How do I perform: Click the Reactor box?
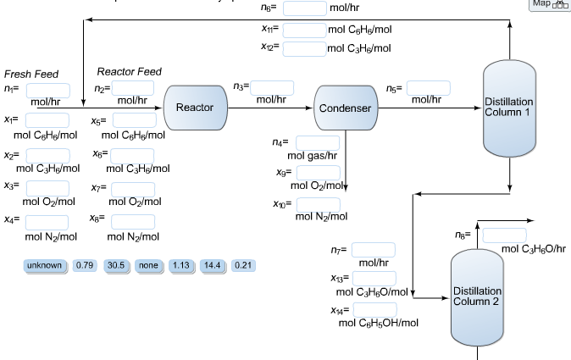[x=195, y=108]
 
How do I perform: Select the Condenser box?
[x=345, y=108]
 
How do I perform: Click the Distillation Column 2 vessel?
[x=477, y=296]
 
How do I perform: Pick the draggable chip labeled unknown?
[x=45, y=265]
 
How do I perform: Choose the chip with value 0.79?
[x=85, y=265]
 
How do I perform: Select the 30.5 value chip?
[x=116, y=265]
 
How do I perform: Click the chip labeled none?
[x=148, y=265]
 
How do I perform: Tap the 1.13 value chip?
[x=180, y=265]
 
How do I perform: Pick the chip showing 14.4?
[x=212, y=265]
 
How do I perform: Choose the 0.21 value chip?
[x=243, y=265]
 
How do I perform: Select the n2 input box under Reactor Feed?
[x=133, y=88]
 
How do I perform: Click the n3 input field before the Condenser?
[x=272, y=87]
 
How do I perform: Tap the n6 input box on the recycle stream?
[x=304, y=8]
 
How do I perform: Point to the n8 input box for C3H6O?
[x=503, y=235]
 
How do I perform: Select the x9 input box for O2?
[x=318, y=172]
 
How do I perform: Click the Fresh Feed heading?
[x=31, y=75]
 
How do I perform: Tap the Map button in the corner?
[x=549, y=5]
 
